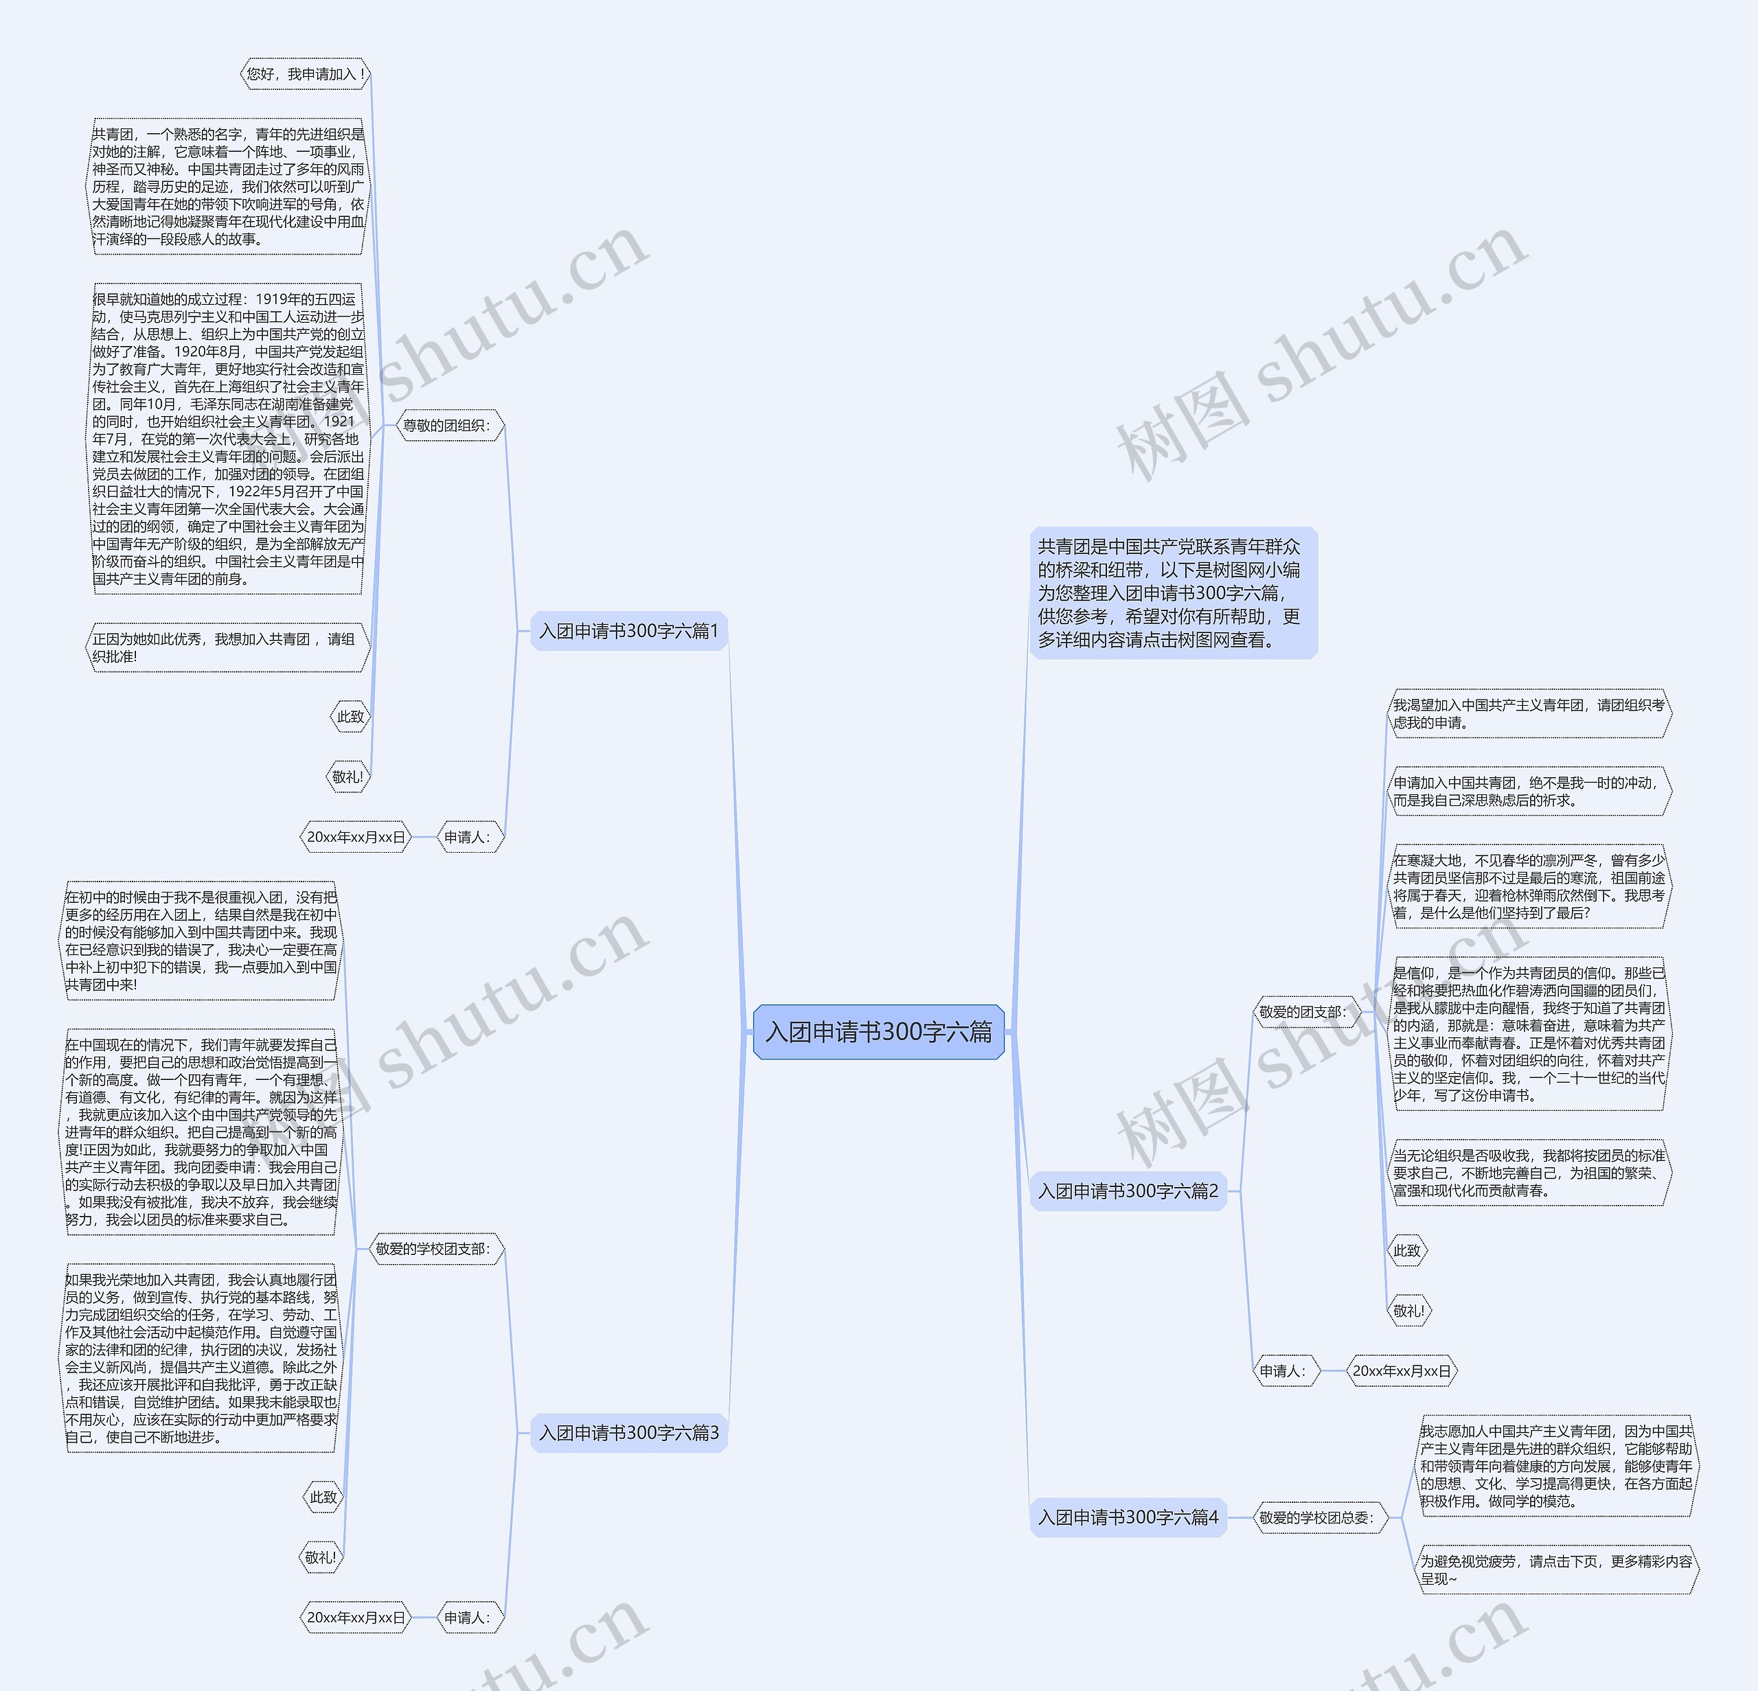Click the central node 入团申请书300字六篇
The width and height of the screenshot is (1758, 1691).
878,1032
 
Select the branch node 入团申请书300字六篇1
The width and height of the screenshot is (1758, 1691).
629,631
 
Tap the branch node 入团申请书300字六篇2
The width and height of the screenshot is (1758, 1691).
1128,1190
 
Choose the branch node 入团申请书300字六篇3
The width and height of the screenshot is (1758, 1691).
629,1433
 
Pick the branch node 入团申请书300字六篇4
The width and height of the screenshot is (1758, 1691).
1128,1517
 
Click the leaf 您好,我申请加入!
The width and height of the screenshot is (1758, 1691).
306,74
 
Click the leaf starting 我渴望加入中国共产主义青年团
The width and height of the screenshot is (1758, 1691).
1529,714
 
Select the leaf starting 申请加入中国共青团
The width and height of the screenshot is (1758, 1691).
1529,791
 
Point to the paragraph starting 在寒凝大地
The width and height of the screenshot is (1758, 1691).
1529,886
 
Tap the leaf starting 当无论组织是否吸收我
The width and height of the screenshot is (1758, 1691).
1529,1173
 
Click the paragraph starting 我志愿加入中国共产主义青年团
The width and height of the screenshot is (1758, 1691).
1556,1466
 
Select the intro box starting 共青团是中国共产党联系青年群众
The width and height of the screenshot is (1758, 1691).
1172,593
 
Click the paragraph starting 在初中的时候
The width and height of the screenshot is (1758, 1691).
201,941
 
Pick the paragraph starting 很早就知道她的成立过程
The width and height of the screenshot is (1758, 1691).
228,439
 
